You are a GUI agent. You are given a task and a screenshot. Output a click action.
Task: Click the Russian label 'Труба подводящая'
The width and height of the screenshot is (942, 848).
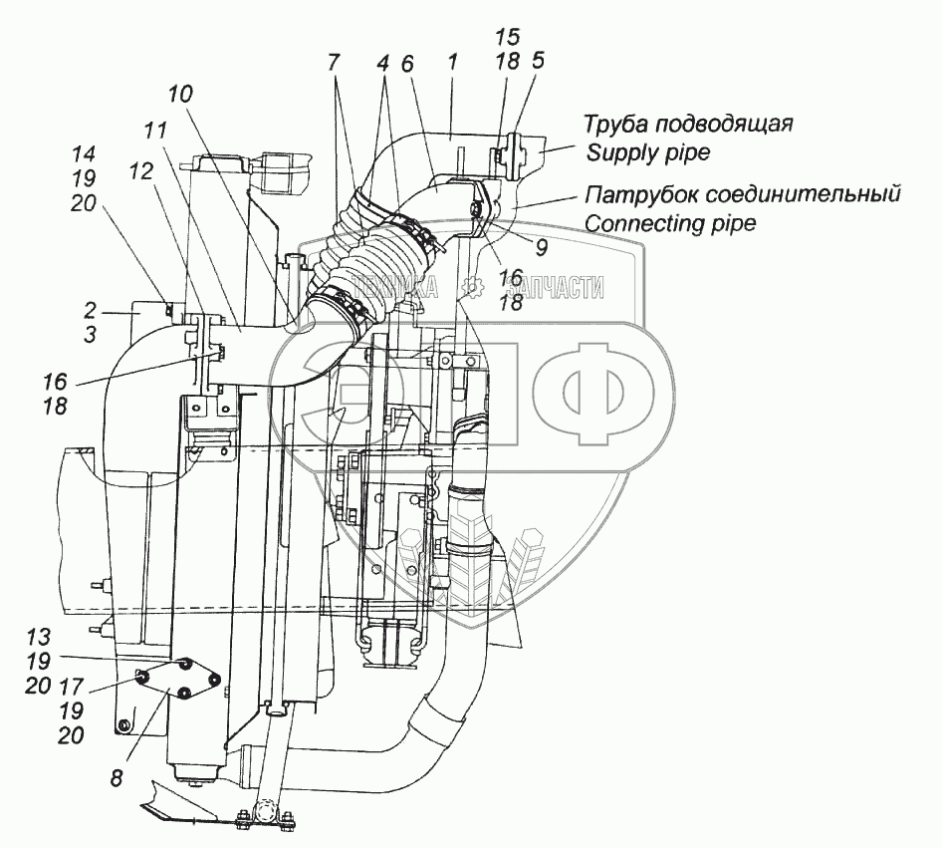pos(688,125)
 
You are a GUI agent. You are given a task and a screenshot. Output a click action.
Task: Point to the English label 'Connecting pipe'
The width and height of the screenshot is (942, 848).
pos(670,222)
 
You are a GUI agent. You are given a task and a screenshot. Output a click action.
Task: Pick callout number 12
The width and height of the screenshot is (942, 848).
pos(140,170)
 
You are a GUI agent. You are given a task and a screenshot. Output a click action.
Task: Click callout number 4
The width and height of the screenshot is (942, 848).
pos(382,63)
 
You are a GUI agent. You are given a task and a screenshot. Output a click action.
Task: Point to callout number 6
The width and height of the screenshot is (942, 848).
pos(406,63)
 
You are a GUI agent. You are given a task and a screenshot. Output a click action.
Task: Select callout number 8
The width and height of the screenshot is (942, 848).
pos(118,779)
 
